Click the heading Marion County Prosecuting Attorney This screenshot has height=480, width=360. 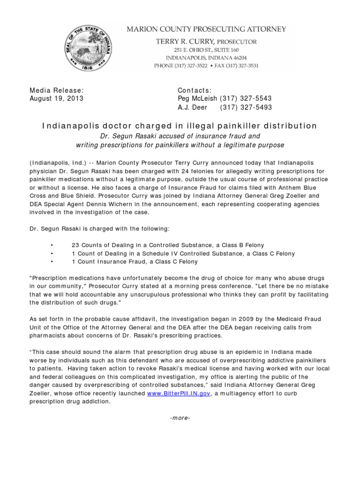click(207, 30)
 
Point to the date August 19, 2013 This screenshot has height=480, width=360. click(56, 98)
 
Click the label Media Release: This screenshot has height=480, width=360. click(57, 90)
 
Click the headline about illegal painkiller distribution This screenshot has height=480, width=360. click(180, 126)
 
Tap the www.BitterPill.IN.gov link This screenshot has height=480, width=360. click(179, 393)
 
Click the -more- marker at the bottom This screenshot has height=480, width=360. click(180, 418)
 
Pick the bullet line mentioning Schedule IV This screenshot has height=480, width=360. click(183, 254)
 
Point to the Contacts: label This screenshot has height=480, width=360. click(195, 90)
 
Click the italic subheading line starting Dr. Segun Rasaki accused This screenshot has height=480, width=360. click(180, 136)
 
